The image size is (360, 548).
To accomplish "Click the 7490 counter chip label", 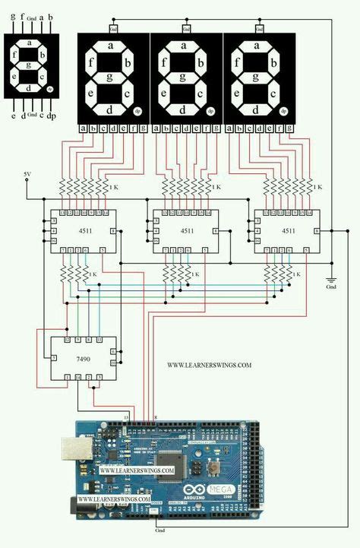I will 84,357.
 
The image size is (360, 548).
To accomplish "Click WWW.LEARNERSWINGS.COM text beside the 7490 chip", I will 209,365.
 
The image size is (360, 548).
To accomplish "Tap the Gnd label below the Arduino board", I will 159,529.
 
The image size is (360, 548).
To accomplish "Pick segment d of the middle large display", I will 183,109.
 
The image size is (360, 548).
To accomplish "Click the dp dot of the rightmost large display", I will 284,111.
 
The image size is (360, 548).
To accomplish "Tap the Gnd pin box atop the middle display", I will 184,28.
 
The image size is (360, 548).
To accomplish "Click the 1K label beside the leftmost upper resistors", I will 113,187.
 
